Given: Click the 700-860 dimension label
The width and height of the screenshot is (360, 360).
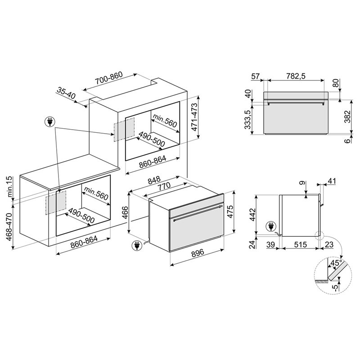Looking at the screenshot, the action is (x=109, y=78).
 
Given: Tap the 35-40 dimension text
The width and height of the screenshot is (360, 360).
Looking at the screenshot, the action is (x=66, y=93).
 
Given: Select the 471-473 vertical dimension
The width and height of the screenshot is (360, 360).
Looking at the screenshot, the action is (x=194, y=117).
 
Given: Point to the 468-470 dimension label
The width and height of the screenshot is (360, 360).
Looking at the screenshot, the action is (x=9, y=226).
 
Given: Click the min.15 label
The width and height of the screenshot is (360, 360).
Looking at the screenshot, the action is (x=10, y=186).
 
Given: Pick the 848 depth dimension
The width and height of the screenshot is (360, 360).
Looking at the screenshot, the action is (x=154, y=180).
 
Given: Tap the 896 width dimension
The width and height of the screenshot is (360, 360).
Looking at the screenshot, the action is (x=198, y=252).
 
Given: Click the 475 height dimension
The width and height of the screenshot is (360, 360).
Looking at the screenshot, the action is (x=230, y=211).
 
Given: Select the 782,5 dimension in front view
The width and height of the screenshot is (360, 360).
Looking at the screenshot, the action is (x=296, y=76).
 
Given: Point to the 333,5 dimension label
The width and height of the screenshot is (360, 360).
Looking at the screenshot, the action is (x=247, y=119).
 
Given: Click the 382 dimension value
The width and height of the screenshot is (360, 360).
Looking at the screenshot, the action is (x=348, y=117).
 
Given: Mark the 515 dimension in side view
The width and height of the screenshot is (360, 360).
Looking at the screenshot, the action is (x=300, y=244).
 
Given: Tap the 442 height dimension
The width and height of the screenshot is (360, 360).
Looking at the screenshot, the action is (x=252, y=215).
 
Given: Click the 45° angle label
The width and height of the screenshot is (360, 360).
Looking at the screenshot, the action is (x=336, y=263).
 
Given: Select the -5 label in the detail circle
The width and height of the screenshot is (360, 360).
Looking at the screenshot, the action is (x=336, y=288).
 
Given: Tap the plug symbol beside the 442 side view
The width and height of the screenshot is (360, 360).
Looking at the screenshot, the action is (x=271, y=226).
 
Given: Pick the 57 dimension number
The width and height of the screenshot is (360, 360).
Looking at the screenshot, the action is (x=255, y=76).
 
